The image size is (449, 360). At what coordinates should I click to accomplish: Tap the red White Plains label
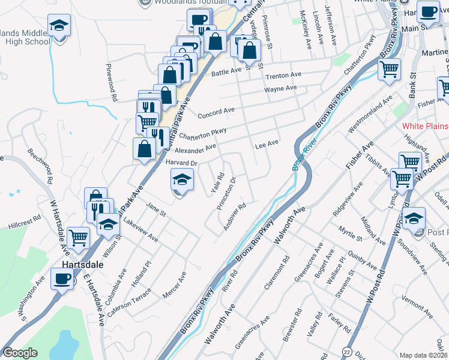(x=425, y=125)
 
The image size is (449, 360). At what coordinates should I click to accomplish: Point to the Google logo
(x=20, y=353)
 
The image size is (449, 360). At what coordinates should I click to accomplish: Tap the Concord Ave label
(x=215, y=112)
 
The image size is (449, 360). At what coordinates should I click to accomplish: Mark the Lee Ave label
(x=267, y=143)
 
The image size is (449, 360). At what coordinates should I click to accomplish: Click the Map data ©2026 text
(x=423, y=355)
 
